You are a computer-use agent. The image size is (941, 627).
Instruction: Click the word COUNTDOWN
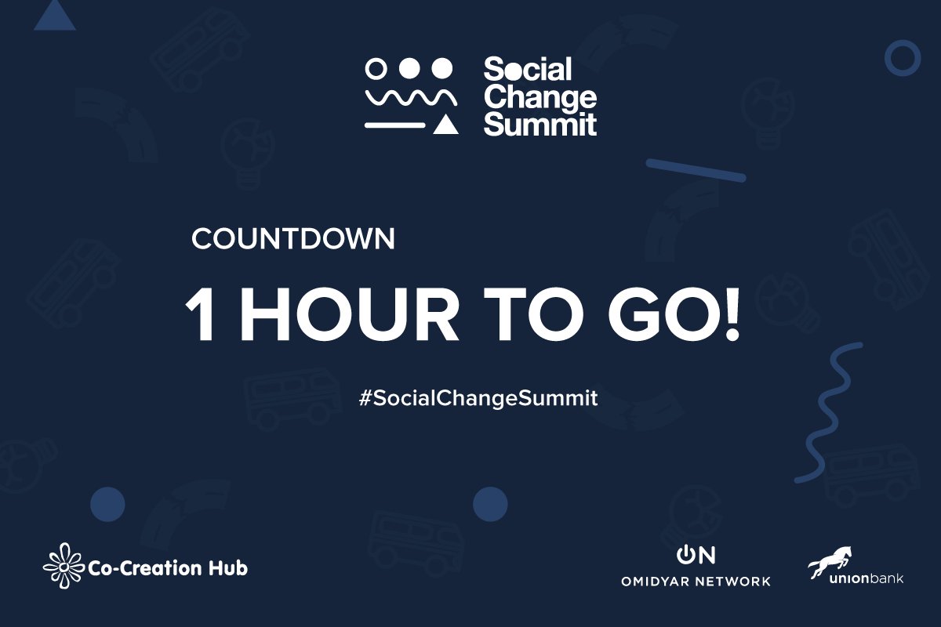point(292,240)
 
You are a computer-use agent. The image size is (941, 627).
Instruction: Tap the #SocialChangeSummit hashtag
point(478,398)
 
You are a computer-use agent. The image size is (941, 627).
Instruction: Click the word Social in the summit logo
point(528,71)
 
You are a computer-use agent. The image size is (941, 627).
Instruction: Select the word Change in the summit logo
point(540,98)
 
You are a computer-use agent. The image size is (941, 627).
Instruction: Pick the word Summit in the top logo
point(540,124)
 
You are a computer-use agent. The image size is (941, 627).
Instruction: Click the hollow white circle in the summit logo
point(376,69)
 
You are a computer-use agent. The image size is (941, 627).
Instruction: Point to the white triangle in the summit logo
point(446,124)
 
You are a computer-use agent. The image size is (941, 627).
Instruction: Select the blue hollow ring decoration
point(902,57)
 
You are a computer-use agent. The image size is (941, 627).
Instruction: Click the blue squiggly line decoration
point(831,411)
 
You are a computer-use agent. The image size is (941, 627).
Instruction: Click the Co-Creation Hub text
point(169,567)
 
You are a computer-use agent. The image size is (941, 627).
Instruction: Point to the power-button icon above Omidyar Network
point(685,555)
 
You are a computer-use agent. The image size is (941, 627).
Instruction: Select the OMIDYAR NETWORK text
point(695,582)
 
